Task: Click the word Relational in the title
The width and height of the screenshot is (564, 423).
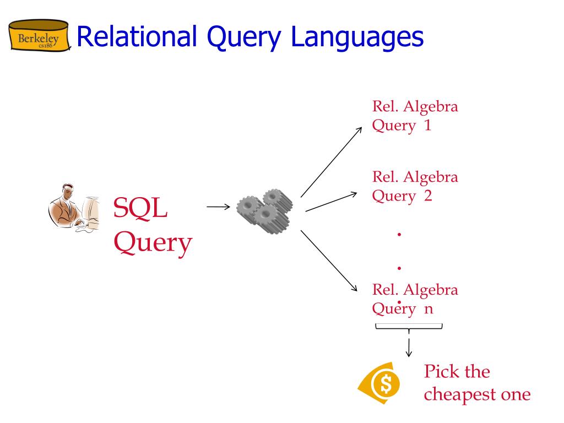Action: tap(137, 37)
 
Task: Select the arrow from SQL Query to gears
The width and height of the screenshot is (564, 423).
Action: tap(218, 207)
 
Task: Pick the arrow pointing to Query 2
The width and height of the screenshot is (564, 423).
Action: tap(332, 202)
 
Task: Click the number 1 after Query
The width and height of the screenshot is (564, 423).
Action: tap(427, 126)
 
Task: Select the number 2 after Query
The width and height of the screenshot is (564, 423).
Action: tap(427, 196)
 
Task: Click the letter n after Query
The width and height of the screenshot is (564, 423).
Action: tap(428, 309)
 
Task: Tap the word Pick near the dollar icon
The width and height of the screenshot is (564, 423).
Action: tap(441, 372)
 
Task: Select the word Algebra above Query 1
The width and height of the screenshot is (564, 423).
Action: tap(430, 106)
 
